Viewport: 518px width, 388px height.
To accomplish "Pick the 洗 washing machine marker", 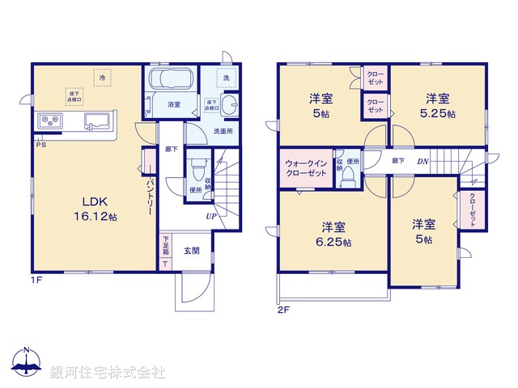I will click(x=227, y=78).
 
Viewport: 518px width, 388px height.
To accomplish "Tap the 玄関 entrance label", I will click(x=191, y=251).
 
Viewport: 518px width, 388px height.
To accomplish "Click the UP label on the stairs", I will click(x=210, y=217).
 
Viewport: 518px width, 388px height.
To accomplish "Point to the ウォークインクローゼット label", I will click(x=305, y=168).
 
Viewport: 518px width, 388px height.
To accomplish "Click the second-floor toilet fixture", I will click(x=348, y=177).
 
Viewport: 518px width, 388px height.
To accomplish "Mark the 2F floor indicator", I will click(x=282, y=310).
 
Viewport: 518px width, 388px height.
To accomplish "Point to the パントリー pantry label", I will click(x=151, y=197).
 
